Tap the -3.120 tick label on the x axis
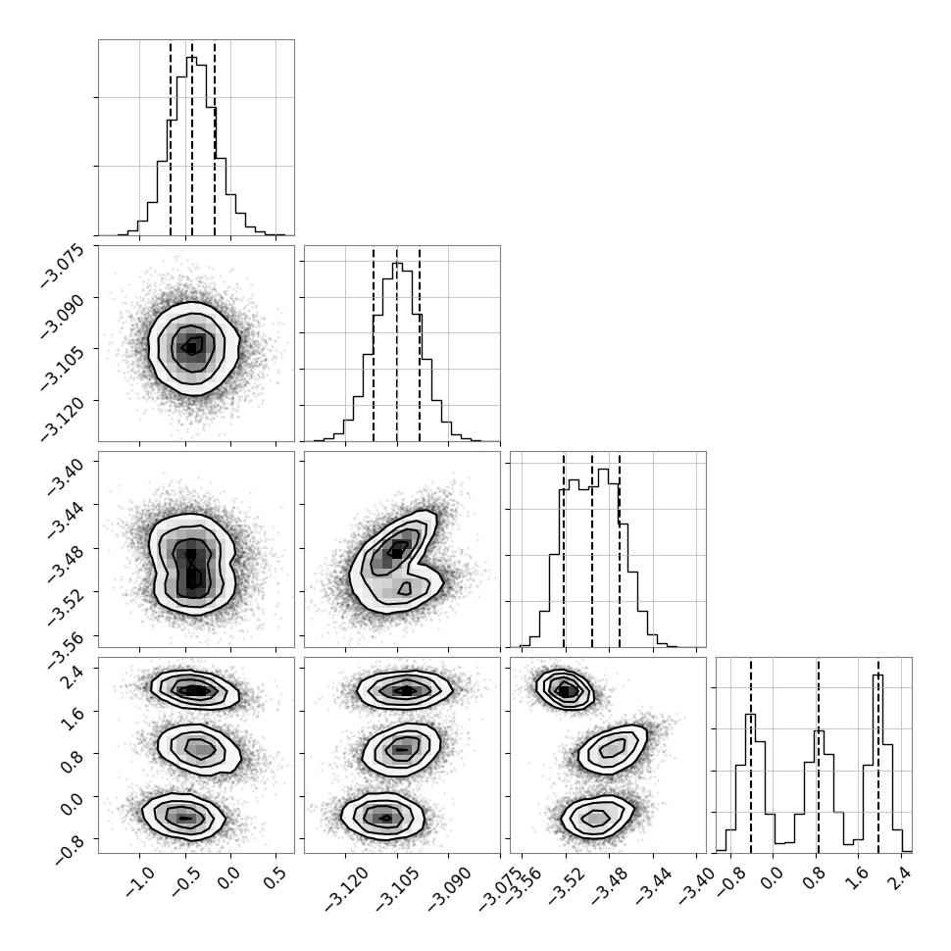346,890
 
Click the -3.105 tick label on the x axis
397,890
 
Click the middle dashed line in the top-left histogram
192,138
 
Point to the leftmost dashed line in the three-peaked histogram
751,756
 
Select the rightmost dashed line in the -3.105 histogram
420,344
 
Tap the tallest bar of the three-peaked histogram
877,763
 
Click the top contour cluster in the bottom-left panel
195,689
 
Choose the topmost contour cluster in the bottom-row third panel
565,689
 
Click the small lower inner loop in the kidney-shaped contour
404,587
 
